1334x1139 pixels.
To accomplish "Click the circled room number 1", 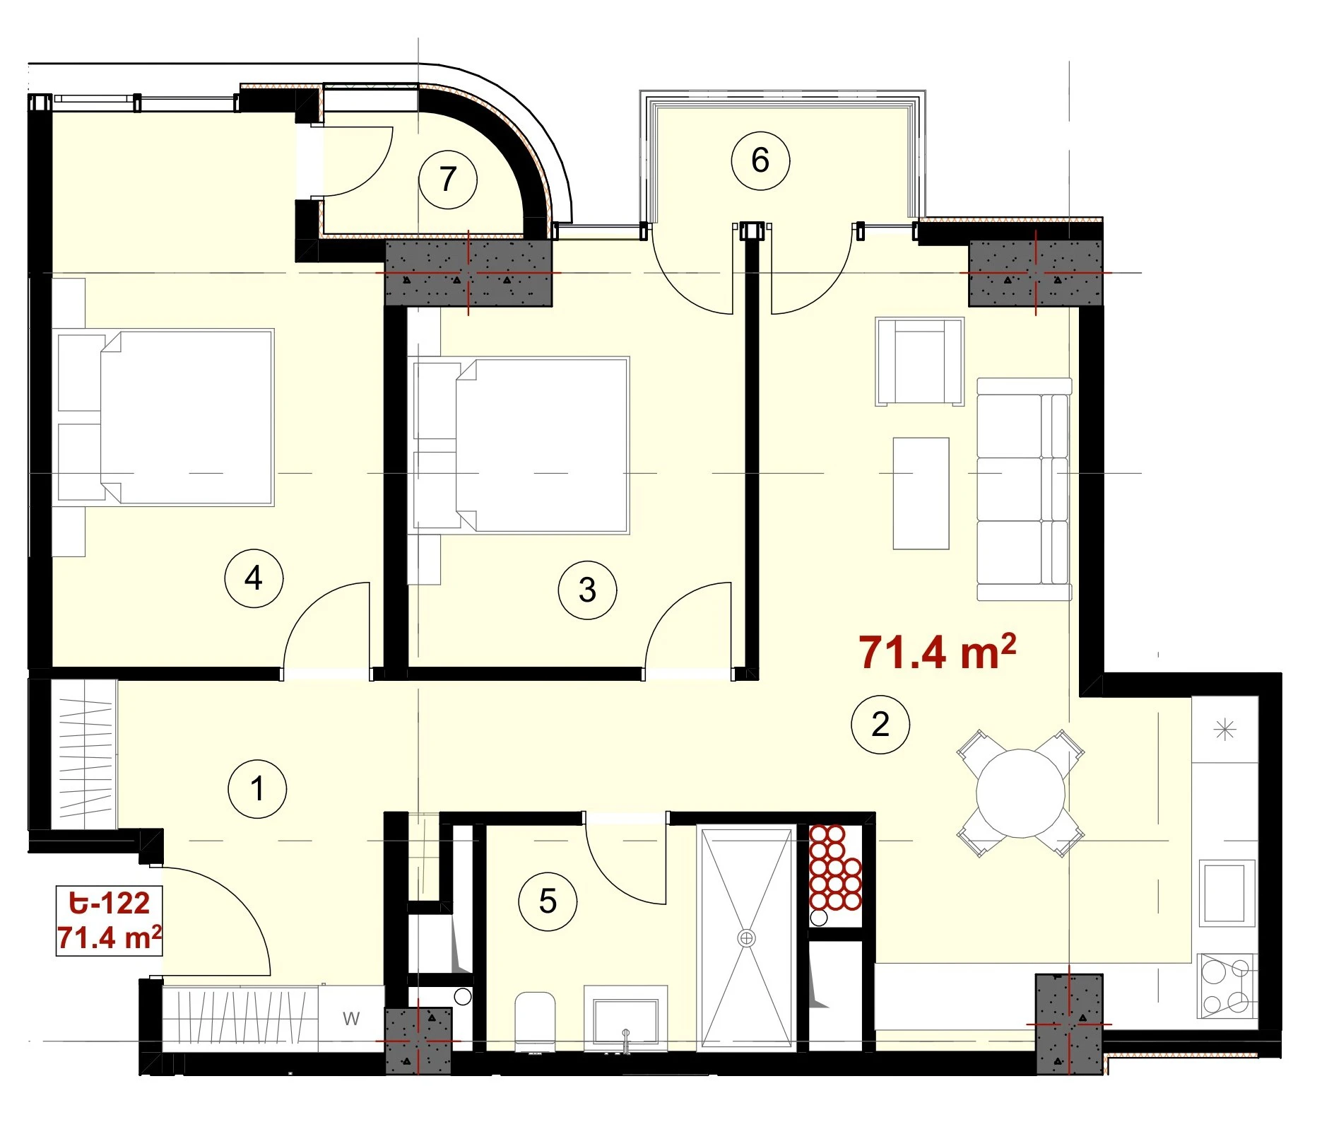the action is [x=257, y=788].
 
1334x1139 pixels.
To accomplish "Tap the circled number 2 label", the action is [x=880, y=724].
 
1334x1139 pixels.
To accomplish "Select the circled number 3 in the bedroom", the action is [x=587, y=590].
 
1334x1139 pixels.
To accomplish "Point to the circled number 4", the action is [x=254, y=578].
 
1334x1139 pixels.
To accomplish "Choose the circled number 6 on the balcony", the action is [x=760, y=160].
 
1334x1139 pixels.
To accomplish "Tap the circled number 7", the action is [x=448, y=179].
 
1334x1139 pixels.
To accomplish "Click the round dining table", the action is [x=1020, y=793].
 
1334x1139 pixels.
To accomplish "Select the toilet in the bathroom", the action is [x=535, y=1022].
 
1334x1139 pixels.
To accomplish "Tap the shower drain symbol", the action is [x=746, y=938].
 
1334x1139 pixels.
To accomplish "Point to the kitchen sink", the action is [x=1227, y=893].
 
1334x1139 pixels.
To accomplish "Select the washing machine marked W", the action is [x=351, y=1019].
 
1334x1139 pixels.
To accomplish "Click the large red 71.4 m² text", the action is [x=937, y=651].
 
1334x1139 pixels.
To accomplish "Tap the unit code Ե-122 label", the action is [x=110, y=903].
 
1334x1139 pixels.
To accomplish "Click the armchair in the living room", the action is [x=919, y=361].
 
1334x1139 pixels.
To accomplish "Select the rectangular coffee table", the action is [x=921, y=493].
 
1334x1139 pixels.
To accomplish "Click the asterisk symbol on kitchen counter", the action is [x=1224, y=729].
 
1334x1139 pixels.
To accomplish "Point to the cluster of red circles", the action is [x=835, y=868].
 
